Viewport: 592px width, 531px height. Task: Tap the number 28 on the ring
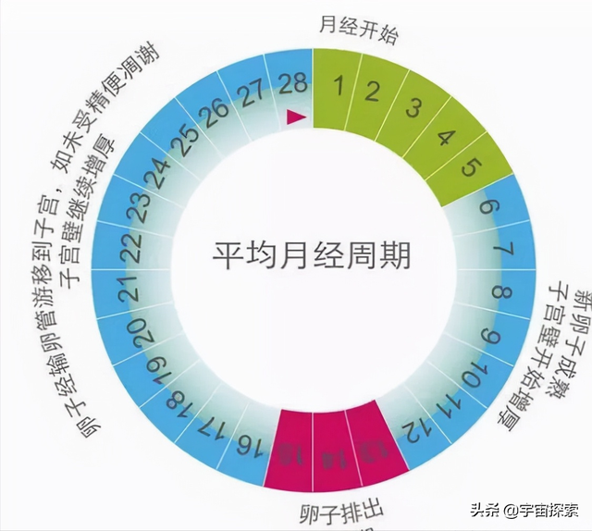pos(293,85)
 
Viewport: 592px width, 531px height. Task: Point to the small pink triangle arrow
pos(295,116)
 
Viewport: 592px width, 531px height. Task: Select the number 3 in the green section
pos(414,107)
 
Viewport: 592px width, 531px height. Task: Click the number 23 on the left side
pos(142,209)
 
